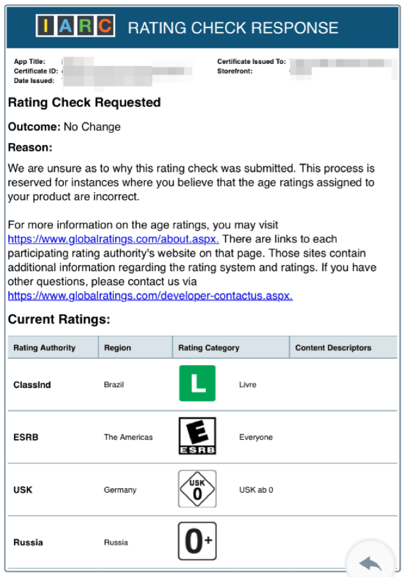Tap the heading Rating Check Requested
click(x=84, y=103)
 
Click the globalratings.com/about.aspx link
click(x=113, y=239)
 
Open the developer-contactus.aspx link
click(x=150, y=296)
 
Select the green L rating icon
click(x=197, y=384)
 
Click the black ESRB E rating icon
click(x=197, y=436)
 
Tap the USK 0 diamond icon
click(x=197, y=489)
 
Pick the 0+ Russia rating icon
click(x=197, y=541)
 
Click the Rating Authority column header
click(x=44, y=348)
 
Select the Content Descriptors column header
click(x=333, y=348)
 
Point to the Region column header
click(x=117, y=348)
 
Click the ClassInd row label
click(x=32, y=385)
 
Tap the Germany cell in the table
click(x=120, y=490)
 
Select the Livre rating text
click(x=247, y=385)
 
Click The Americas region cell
click(x=128, y=437)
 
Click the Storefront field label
click(x=235, y=71)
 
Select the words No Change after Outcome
click(x=92, y=127)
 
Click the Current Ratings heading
click(x=59, y=319)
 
